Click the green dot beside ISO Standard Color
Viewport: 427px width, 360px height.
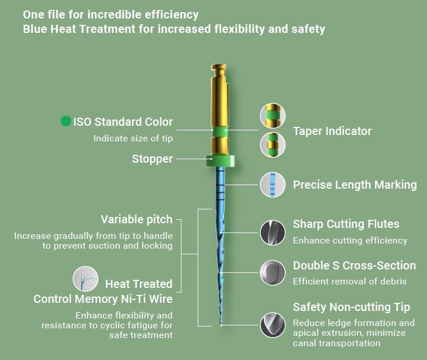66,121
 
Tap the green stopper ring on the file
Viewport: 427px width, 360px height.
220,160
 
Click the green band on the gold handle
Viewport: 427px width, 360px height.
220,132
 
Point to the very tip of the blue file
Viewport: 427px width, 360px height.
221,325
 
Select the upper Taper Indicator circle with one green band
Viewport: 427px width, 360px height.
273,115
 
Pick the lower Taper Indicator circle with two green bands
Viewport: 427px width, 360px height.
273,145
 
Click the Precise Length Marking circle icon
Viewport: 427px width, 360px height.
273,185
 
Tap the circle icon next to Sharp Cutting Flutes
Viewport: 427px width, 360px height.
273,232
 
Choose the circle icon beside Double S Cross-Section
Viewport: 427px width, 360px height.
273,273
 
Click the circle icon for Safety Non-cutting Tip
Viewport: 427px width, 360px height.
273,325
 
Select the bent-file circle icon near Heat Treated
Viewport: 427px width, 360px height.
85,279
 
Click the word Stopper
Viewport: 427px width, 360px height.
152,159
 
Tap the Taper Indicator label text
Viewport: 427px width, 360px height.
332,131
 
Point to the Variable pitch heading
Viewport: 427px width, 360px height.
137,220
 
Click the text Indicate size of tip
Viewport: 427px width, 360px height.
133,138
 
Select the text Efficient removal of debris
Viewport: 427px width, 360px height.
350,281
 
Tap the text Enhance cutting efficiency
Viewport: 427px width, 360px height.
350,240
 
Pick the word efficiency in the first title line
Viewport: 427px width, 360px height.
171,15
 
